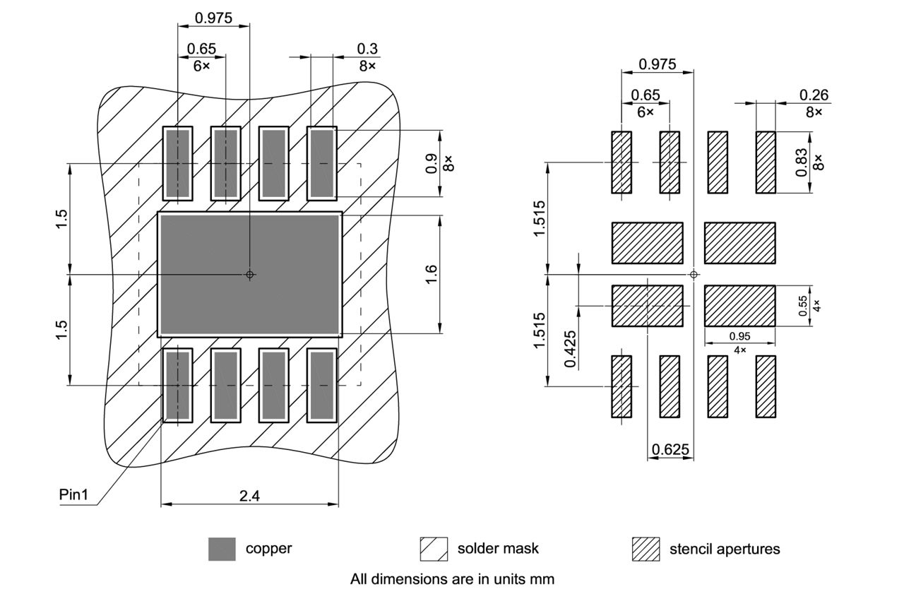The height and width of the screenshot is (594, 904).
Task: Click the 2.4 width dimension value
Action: pyautogui.click(x=249, y=496)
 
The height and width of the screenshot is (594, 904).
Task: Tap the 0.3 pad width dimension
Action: pyautogui.click(x=367, y=49)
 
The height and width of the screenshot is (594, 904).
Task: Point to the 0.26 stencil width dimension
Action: pyautogui.click(x=814, y=95)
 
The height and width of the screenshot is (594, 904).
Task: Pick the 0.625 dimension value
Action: pyautogui.click(x=670, y=449)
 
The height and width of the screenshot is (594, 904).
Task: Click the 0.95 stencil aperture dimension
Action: pyautogui.click(x=739, y=336)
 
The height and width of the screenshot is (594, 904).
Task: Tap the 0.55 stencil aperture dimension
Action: pyautogui.click(x=802, y=305)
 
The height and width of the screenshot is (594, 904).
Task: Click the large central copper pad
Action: pyautogui.click(x=249, y=274)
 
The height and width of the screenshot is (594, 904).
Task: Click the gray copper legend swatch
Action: pyautogui.click(x=222, y=549)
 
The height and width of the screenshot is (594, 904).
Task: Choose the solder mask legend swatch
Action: pyautogui.click(x=434, y=549)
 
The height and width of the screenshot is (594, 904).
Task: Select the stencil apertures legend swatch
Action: pyautogui.click(x=645, y=549)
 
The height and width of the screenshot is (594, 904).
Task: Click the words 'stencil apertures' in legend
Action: pyautogui.click(x=725, y=549)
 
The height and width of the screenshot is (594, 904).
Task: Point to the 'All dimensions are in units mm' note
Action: pyautogui.click(x=452, y=579)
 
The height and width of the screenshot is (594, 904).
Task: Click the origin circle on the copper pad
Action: pyautogui.click(x=249, y=274)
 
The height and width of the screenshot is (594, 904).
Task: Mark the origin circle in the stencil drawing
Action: pyautogui.click(x=694, y=274)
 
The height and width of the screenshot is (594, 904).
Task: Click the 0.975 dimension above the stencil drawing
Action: pyautogui.click(x=657, y=64)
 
